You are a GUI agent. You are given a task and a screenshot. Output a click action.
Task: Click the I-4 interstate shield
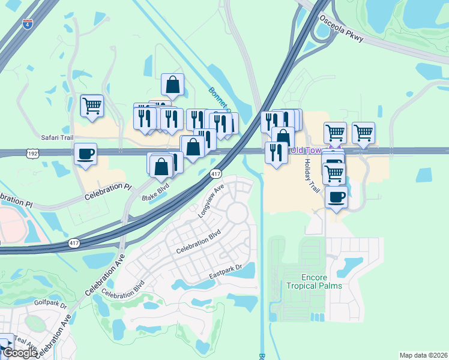[28, 25]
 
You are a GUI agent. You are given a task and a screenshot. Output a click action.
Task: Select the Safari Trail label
[57, 137]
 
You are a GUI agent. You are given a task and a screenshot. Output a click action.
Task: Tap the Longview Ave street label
[211, 202]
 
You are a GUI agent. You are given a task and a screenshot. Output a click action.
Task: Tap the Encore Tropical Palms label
[313, 281]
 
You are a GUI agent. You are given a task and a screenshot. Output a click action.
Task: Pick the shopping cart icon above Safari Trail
[92, 106]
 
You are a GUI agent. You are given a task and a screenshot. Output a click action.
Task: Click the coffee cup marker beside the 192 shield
[85, 154]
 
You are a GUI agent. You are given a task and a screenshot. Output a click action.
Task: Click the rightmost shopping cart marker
[363, 133]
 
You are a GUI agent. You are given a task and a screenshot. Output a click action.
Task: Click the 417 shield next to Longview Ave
[216, 173]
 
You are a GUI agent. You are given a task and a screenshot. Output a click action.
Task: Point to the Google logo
[20, 353]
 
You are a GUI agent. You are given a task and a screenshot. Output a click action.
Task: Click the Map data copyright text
[424, 355]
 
